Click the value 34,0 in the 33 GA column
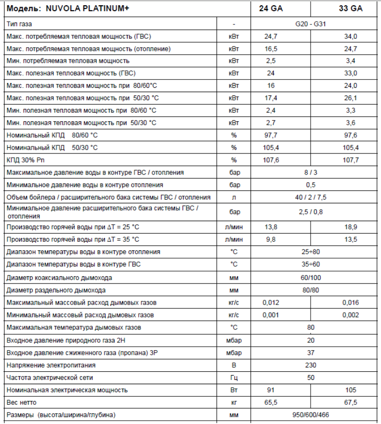(x=351, y=36)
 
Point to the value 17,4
(x=271, y=98)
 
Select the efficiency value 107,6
(x=271, y=160)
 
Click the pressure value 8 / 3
(x=311, y=172)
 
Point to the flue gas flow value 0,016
(x=351, y=302)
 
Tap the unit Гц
(x=234, y=377)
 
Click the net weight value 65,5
(x=271, y=402)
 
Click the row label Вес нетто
(x=22, y=402)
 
